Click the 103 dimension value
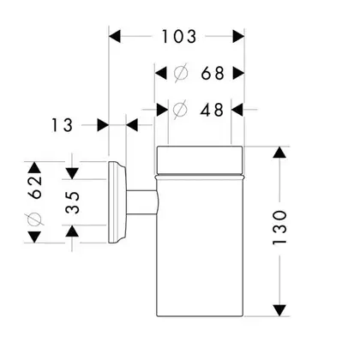pos(179,37)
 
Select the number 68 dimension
pos(213,73)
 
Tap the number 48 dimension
pos(212,110)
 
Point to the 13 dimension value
pos(62,125)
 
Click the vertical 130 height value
pos(279,227)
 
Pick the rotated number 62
pos(35,187)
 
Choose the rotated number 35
pos(72,202)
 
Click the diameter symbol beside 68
pos(181,73)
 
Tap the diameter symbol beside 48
pos(180,110)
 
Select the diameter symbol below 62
pos(35,219)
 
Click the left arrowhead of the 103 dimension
pos(115,37)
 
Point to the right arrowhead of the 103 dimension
pos(239,37)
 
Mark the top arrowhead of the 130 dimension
pos(279,152)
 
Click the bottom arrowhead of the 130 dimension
pos(279,310)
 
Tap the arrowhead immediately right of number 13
pos(103,125)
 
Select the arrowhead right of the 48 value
pos(237,110)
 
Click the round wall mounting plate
pos(117,202)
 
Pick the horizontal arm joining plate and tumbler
pos(142,202)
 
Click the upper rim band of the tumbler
pos(200,160)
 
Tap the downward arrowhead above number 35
pos(72,174)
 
